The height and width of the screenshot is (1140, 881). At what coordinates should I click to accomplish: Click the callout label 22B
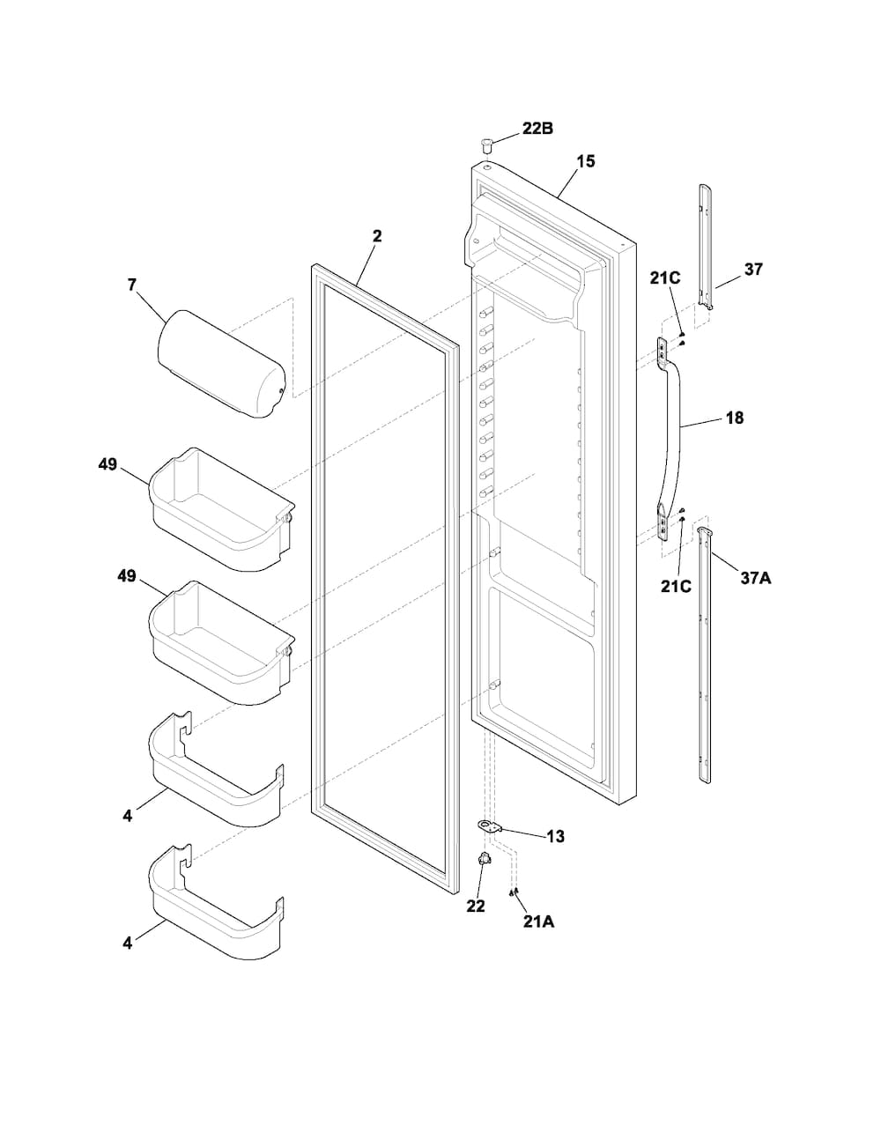[x=537, y=129]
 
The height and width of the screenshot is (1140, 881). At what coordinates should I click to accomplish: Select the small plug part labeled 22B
[x=486, y=144]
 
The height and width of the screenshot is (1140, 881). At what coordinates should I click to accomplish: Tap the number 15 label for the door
[x=585, y=161]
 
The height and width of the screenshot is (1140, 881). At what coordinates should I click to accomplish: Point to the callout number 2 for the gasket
[x=377, y=236]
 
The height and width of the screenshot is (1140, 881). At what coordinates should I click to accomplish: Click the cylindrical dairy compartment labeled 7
[x=221, y=365]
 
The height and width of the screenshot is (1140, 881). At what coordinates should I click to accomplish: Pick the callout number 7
[x=131, y=285]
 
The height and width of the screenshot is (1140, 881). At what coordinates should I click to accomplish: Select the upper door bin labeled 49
[x=222, y=509]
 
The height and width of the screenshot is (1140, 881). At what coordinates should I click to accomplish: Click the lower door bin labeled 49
[x=222, y=642]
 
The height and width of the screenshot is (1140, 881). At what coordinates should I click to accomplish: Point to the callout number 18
[x=735, y=418]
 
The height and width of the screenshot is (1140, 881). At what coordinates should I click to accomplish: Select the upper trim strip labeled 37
[x=706, y=247]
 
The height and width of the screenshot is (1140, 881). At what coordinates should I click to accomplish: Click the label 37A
[x=756, y=578]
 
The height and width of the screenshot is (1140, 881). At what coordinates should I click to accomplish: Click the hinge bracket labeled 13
[x=490, y=826]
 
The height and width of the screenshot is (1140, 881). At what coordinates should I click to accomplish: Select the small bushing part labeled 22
[x=484, y=859]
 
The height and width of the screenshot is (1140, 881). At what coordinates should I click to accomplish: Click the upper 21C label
[x=665, y=278]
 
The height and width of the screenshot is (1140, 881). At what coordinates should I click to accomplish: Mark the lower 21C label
[x=676, y=586]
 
